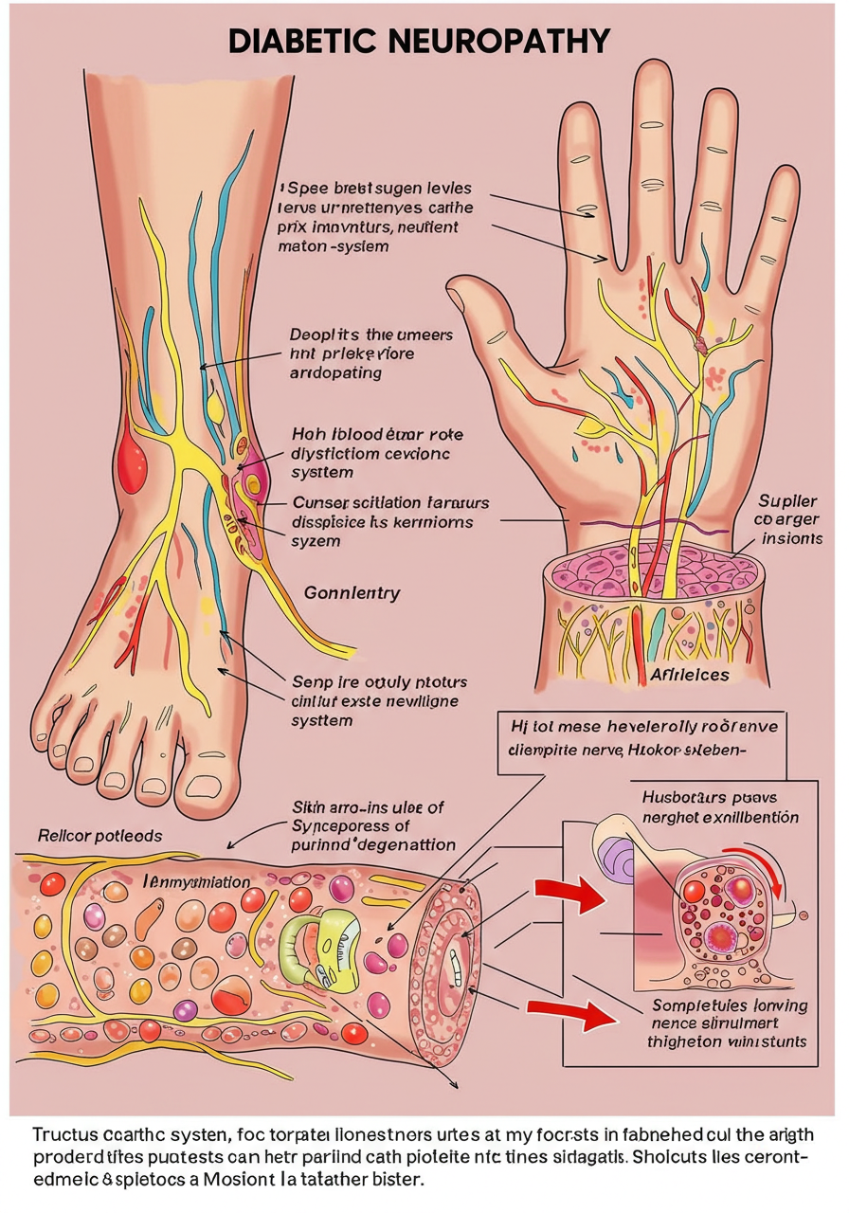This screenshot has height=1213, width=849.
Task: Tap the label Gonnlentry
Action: tap(352, 593)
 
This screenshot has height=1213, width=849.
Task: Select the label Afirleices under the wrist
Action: tap(689, 675)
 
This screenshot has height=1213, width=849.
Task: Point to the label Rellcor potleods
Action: tap(99, 836)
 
